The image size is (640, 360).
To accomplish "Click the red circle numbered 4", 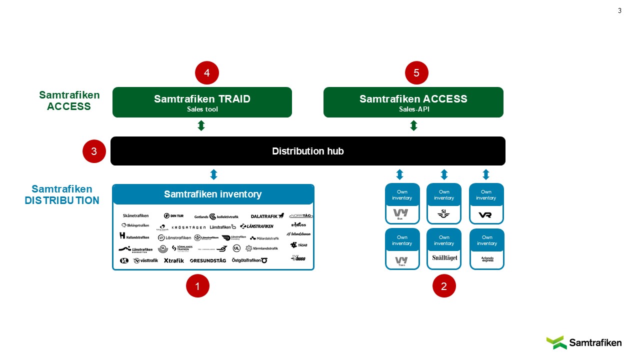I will coord(207,73).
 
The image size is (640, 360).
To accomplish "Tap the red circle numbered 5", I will coord(416,73).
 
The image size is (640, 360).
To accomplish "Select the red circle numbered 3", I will coord(94,151).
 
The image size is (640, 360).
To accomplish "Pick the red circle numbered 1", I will coord(197,286).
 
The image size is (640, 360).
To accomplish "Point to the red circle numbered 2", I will coord(444,286).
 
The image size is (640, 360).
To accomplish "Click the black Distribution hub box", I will coord(307,151).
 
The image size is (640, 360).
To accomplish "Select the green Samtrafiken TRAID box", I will coord(202,102).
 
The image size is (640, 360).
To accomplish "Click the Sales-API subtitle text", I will coord(413,109).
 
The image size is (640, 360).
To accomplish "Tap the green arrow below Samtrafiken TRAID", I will coord(201,125).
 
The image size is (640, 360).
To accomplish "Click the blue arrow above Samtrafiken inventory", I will coord(213,174).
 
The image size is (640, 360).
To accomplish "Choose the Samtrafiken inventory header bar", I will coord(213,194).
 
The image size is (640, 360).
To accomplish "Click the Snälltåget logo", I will coord(444,258).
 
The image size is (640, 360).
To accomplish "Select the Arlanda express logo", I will coord(487,259).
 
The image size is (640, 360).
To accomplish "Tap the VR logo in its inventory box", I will coord(485,214).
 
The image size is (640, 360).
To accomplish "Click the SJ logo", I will coord(443,213).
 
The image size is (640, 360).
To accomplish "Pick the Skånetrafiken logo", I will coord(135,215).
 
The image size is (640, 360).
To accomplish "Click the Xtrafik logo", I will coord(173,260).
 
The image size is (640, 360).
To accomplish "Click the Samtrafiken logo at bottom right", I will coord(583,342).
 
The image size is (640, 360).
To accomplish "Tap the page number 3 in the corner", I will coord(620,10).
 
